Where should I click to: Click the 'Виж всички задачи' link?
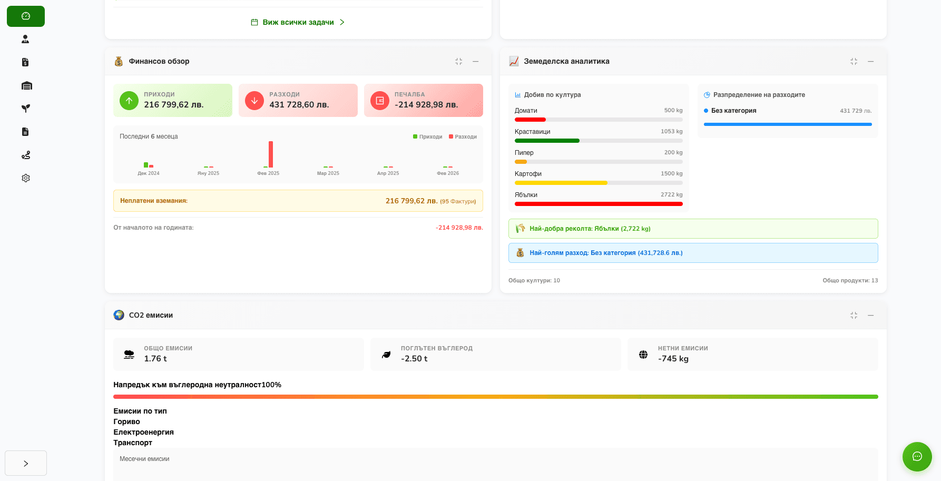click(x=298, y=22)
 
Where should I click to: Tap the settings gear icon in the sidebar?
click(x=26, y=178)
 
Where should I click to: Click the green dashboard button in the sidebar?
click(x=26, y=16)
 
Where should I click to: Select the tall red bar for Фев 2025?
click(x=271, y=154)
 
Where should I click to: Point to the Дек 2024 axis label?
click(x=149, y=173)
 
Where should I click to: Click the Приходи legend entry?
click(x=428, y=137)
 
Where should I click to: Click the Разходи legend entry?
click(x=463, y=137)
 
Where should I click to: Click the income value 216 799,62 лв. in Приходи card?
click(x=174, y=105)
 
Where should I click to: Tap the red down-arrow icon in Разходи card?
click(x=254, y=101)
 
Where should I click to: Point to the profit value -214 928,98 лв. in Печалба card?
click(x=426, y=105)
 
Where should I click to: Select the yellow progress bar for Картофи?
click(x=561, y=183)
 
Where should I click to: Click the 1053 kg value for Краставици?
click(x=671, y=132)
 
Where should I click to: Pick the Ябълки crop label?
click(x=526, y=195)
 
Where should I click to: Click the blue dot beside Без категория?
click(x=706, y=111)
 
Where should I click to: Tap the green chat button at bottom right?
click(x=917, y=456)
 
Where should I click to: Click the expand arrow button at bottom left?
click(x=26, y=464)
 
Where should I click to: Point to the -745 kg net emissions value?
click(x=673, y=359)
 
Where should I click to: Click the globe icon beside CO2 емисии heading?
click(x=119, y=315)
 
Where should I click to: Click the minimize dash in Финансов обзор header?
click(x=476, y=62)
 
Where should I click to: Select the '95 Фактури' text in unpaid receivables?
click(x=458, y=201)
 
